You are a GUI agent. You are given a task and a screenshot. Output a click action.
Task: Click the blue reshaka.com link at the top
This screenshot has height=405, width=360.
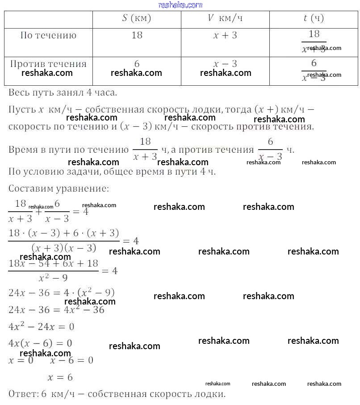click(x=180, y=5)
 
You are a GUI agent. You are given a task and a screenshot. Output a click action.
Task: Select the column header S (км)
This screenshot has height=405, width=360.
click(x=137, y=18)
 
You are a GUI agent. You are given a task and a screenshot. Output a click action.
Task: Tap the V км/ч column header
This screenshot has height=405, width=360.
click(x=225, y=18)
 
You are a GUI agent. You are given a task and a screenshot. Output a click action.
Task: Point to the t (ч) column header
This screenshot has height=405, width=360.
click(x=314, y=18)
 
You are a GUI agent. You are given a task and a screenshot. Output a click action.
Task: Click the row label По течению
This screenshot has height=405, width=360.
click(x=48, y=35)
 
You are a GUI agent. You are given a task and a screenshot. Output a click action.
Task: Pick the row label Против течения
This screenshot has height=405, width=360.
click(x=48, y=64)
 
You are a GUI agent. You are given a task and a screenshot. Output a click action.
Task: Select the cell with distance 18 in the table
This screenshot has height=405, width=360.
click(x=137, y=35)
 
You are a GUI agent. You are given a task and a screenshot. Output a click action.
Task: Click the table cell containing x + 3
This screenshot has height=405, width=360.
click(x=225, y=35)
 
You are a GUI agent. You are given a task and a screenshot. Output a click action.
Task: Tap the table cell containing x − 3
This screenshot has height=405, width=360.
click(x=225, y=64)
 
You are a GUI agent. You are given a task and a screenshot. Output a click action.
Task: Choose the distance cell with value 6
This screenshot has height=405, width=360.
click(x=137, y=64)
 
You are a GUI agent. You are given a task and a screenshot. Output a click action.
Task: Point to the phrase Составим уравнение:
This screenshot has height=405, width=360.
click(x=59, y=188)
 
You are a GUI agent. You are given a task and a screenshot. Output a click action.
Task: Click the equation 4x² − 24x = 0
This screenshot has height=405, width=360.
click(x=41, y=327)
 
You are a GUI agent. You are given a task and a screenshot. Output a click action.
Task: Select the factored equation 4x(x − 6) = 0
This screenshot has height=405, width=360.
click(x=40, y=343)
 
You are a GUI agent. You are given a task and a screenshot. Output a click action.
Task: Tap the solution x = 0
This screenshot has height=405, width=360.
click(x=21, y=360)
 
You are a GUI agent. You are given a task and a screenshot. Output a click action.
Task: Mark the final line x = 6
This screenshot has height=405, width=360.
click(x=60, y=377)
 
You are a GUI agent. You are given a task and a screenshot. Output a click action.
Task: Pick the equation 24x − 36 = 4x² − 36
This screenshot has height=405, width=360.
click(x=56, y=309)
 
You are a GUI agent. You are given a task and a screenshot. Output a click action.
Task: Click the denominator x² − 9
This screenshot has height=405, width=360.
click(x=53, y=278)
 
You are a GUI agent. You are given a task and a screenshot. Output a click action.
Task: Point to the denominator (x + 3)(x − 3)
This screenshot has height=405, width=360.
click(x=64, y=248)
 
